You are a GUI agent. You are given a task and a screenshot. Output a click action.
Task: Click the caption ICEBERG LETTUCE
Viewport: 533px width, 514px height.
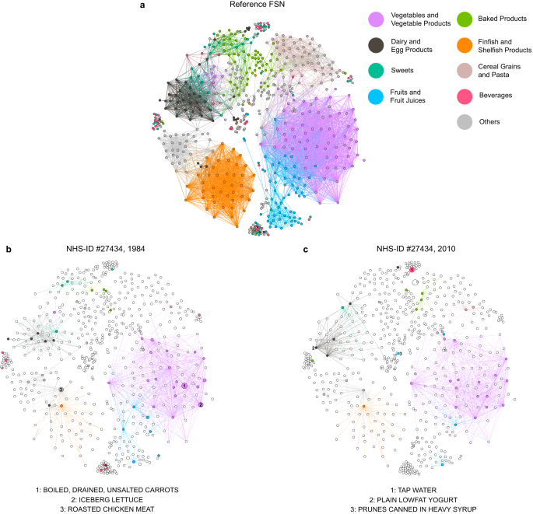point(112,498)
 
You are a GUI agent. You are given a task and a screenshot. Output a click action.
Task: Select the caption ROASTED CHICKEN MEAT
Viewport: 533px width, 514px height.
point(112,509)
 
